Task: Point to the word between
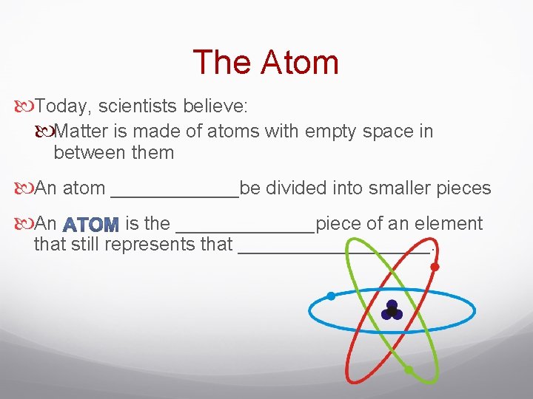tap(89, 154)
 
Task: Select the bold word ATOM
tap(91, 224)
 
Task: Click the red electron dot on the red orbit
tap(435, 267)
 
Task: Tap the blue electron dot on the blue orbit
tap(331, 296)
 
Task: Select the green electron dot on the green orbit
tap(409, 369)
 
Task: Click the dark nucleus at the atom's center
tap(392, 310)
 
